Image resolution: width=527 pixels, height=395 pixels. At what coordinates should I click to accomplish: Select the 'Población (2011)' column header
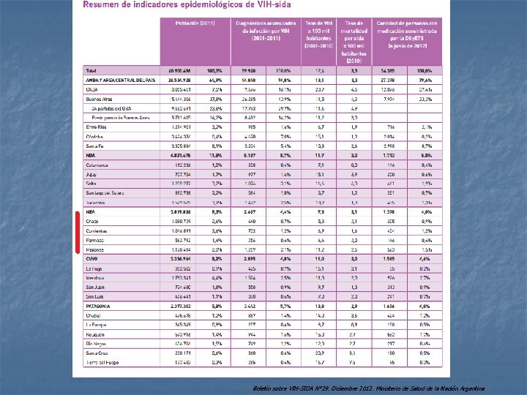coord(195,23)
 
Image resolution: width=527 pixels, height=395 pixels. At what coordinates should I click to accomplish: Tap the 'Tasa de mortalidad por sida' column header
coord(353,39)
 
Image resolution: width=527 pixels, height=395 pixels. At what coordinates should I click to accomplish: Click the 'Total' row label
coord(91,70)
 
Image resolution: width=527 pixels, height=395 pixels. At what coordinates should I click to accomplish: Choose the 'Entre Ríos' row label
coord(96,127)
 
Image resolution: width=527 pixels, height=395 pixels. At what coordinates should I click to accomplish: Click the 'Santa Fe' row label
coord(94,146)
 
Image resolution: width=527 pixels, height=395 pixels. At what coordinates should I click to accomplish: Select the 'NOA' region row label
coord(91,155)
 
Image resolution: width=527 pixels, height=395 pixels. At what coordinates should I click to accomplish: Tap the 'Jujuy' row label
coord(91,174)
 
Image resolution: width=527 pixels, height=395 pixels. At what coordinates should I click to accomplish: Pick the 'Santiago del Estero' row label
coord(105,192)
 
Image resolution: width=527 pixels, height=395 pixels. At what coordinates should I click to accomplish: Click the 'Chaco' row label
coord(93,221)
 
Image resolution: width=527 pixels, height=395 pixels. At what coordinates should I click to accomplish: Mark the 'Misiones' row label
coord(95,249)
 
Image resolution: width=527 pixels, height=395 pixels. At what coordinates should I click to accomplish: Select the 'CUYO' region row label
coord(92,258)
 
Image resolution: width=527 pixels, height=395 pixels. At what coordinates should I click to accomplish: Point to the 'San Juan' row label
coord(94,287)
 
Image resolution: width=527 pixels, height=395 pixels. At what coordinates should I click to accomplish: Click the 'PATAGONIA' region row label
coord(98,306)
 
